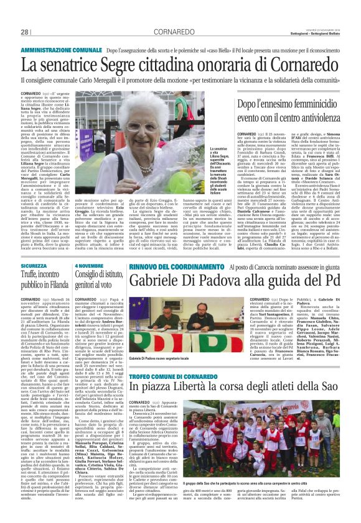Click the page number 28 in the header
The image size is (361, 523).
pyautogui.click(x=25, y=32)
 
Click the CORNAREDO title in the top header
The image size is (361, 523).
pyautogui.click(x=180, y=32)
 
